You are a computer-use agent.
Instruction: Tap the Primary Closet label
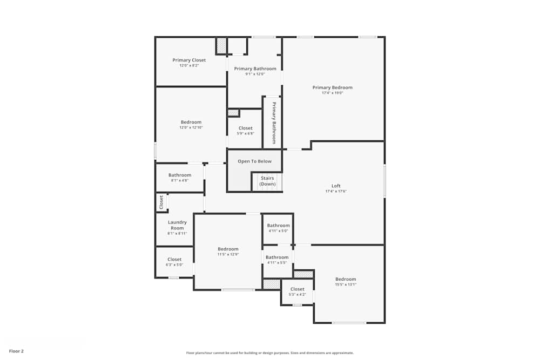click(189, 60)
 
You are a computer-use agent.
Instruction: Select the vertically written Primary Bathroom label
click(274, 123)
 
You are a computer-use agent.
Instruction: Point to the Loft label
click(336, 186)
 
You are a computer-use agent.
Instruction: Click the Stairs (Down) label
click(267, 181)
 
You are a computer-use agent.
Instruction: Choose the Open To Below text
click(254, 161)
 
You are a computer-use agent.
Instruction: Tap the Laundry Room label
click(177, 225)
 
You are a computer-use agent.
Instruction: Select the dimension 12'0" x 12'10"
click(191, 127)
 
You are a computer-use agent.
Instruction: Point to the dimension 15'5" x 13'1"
click(346, 284)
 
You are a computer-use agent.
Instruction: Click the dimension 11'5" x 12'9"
click(228, 254)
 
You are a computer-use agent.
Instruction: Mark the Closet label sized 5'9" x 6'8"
click(245, 128)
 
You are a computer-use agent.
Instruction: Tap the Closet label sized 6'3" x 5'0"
click(174, 260)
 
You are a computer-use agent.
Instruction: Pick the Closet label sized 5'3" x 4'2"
click(298, 289)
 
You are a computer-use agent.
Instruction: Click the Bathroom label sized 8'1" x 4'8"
click(180, 175)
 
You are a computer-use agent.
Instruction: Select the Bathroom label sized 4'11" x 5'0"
click(278, 226)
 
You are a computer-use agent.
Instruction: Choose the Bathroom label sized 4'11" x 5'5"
click(277, 257)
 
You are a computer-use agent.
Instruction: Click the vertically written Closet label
click(161, 202)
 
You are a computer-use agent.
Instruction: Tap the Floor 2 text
click(16, 351)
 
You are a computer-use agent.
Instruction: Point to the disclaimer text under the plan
click(270, 352)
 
